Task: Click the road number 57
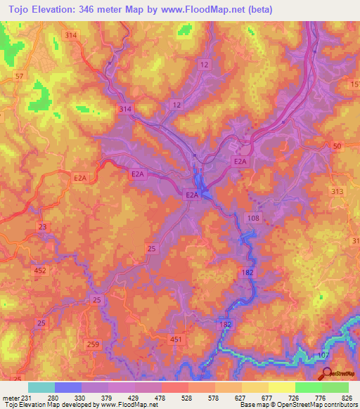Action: pos(19,76)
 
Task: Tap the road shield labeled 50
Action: pos(337,145)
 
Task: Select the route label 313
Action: pos(337,192)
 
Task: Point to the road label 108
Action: pos(254,219)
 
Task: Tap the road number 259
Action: pos(93,344)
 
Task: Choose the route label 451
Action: pos(176,339)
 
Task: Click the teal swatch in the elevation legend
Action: pos(41,387)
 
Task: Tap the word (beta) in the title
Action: pos(259,9)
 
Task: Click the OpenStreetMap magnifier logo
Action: pos(325,373)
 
